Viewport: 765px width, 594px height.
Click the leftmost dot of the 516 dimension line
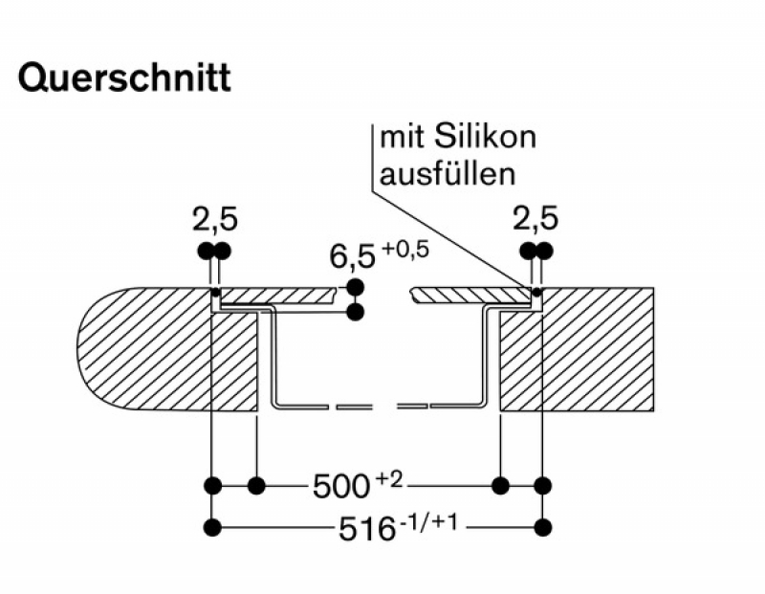tap(213, 526)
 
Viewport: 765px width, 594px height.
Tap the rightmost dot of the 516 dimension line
tap(544, 526)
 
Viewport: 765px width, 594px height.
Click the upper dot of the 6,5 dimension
tap(356, 288)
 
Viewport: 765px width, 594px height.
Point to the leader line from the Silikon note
tap(449, 239)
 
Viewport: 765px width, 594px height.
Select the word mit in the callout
tap(398, 137)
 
